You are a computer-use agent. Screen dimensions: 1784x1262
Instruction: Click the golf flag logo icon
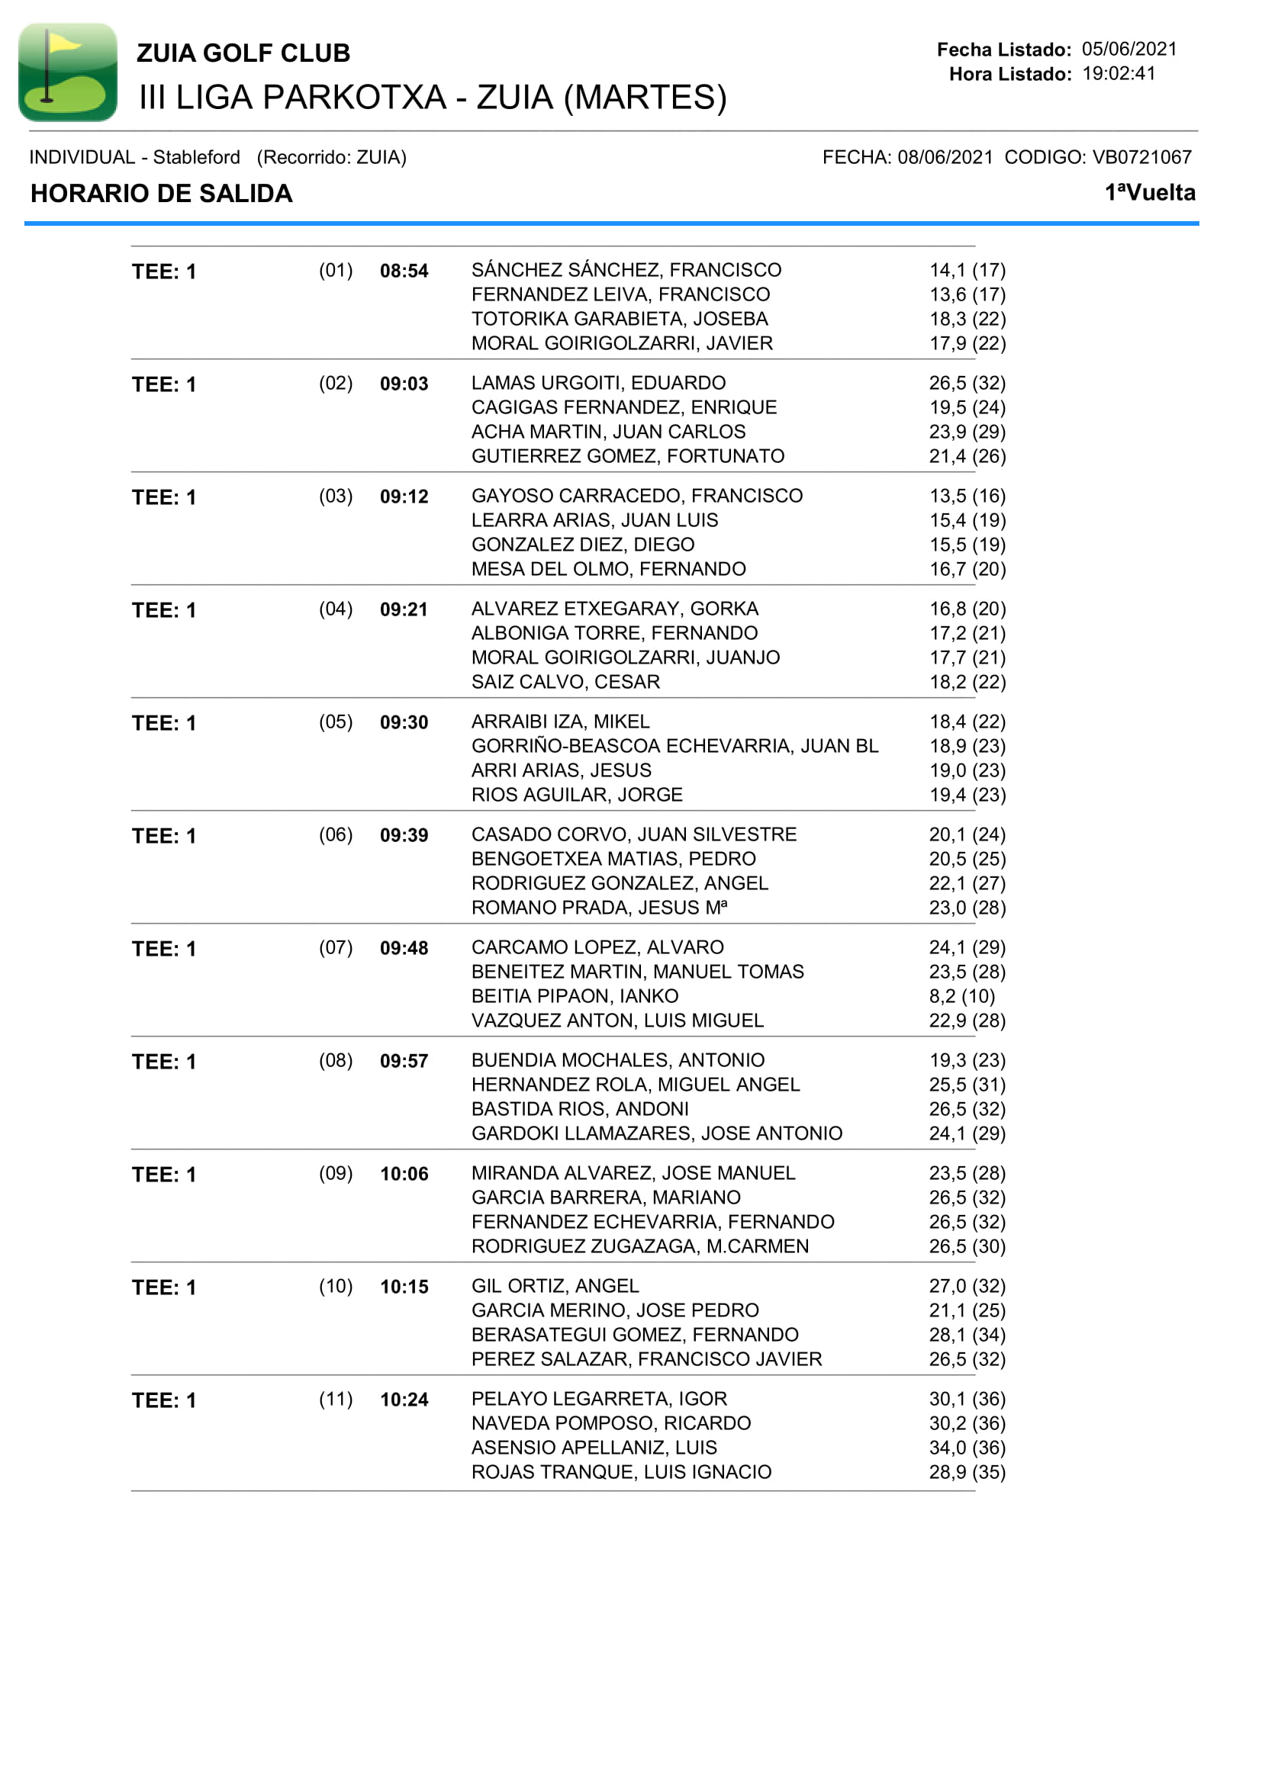(x=68, y=72)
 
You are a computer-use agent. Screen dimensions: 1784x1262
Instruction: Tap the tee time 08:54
(x=404, y=272)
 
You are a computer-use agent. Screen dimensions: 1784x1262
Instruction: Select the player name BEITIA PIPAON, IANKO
(x=575, y=996)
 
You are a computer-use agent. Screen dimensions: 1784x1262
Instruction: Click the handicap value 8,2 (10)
(x=961, y=996)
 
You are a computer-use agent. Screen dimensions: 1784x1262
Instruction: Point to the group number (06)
(x=336, y=834)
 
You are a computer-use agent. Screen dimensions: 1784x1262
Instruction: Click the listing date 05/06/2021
(x=1129, y=49)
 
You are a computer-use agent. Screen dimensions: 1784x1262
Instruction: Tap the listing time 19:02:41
(x=1119, y=74)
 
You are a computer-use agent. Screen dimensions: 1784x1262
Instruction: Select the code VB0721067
(x=1141, y=158)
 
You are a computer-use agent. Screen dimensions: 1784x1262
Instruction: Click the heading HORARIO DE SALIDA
(x=162, y=194)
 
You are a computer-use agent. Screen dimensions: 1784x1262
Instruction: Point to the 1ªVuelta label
(x=1149, y=193)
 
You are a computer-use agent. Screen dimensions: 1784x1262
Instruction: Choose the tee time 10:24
(x=404, y=1400)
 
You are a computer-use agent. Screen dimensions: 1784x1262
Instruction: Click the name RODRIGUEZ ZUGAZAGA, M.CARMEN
(x=639, y=1246)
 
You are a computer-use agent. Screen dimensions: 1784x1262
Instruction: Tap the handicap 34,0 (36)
(x=967, y=1448)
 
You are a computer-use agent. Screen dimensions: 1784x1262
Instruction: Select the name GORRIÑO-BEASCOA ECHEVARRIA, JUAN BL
(x=674, y=746)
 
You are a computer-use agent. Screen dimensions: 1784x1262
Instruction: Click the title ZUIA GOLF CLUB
(x=243, y=53)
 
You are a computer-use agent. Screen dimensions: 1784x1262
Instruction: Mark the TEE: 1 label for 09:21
(x=164, y=611)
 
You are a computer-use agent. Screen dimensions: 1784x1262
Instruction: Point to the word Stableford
(x=196, y=158)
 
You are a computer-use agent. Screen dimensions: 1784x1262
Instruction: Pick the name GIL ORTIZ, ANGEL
(x=555, y=1286)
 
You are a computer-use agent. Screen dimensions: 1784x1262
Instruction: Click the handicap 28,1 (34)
(x=967, y=1335)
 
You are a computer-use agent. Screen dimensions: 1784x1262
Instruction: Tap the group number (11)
(x=336, y=1399)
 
